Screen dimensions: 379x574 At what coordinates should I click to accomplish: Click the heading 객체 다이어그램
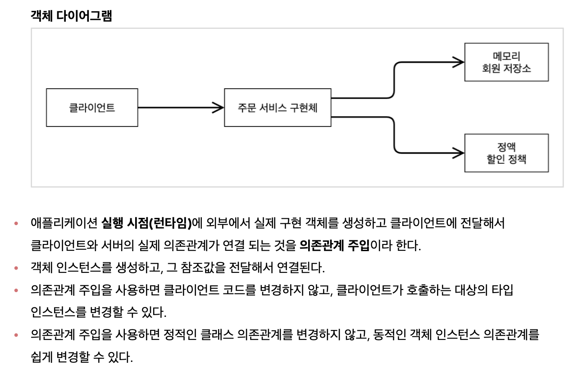(x=71, y=16)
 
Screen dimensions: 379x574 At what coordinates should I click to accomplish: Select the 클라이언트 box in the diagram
(x=92, y=108)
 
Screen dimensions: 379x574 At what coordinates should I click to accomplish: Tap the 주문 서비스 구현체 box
(x=278, y=108)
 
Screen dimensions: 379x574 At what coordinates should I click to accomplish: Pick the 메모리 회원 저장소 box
(x=506, y=62)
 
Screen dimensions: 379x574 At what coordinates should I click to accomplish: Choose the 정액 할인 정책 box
(x=506, y=153)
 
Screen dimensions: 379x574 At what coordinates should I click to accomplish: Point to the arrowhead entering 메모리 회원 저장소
(x=459, y=63)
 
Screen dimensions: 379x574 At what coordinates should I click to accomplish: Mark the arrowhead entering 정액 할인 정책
(x=459, y=153)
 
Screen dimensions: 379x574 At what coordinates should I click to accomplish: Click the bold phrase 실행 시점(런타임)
(x=146, y=223)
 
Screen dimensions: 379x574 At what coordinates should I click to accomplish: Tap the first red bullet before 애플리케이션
(x=17, y=223)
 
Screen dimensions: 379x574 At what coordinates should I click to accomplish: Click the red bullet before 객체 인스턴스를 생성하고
(x=17, y=268)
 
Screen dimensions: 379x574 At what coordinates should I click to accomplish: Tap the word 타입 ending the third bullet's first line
(x=503, y=291)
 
